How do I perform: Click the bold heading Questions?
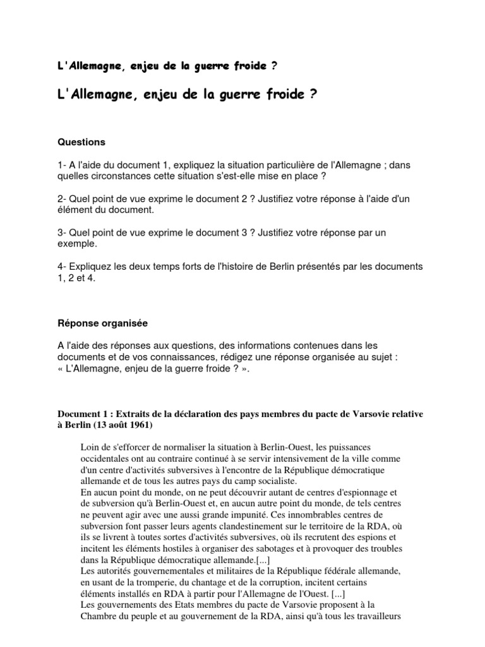point(81,142)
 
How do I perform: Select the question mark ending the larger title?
point(313,95)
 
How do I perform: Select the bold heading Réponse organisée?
point(102,323)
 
